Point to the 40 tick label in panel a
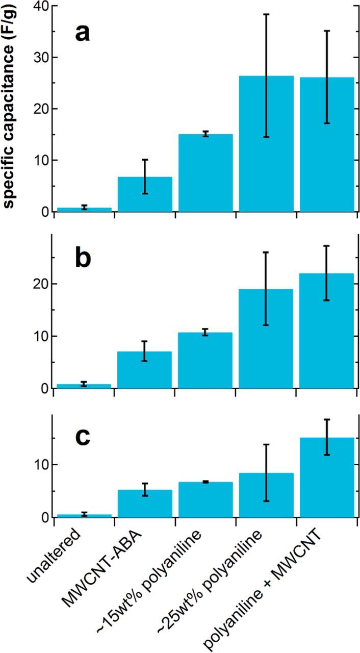pos(37,6)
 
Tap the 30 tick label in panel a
pos(37,58)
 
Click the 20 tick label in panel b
pos(37,284)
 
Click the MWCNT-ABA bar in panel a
pos(145,194)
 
